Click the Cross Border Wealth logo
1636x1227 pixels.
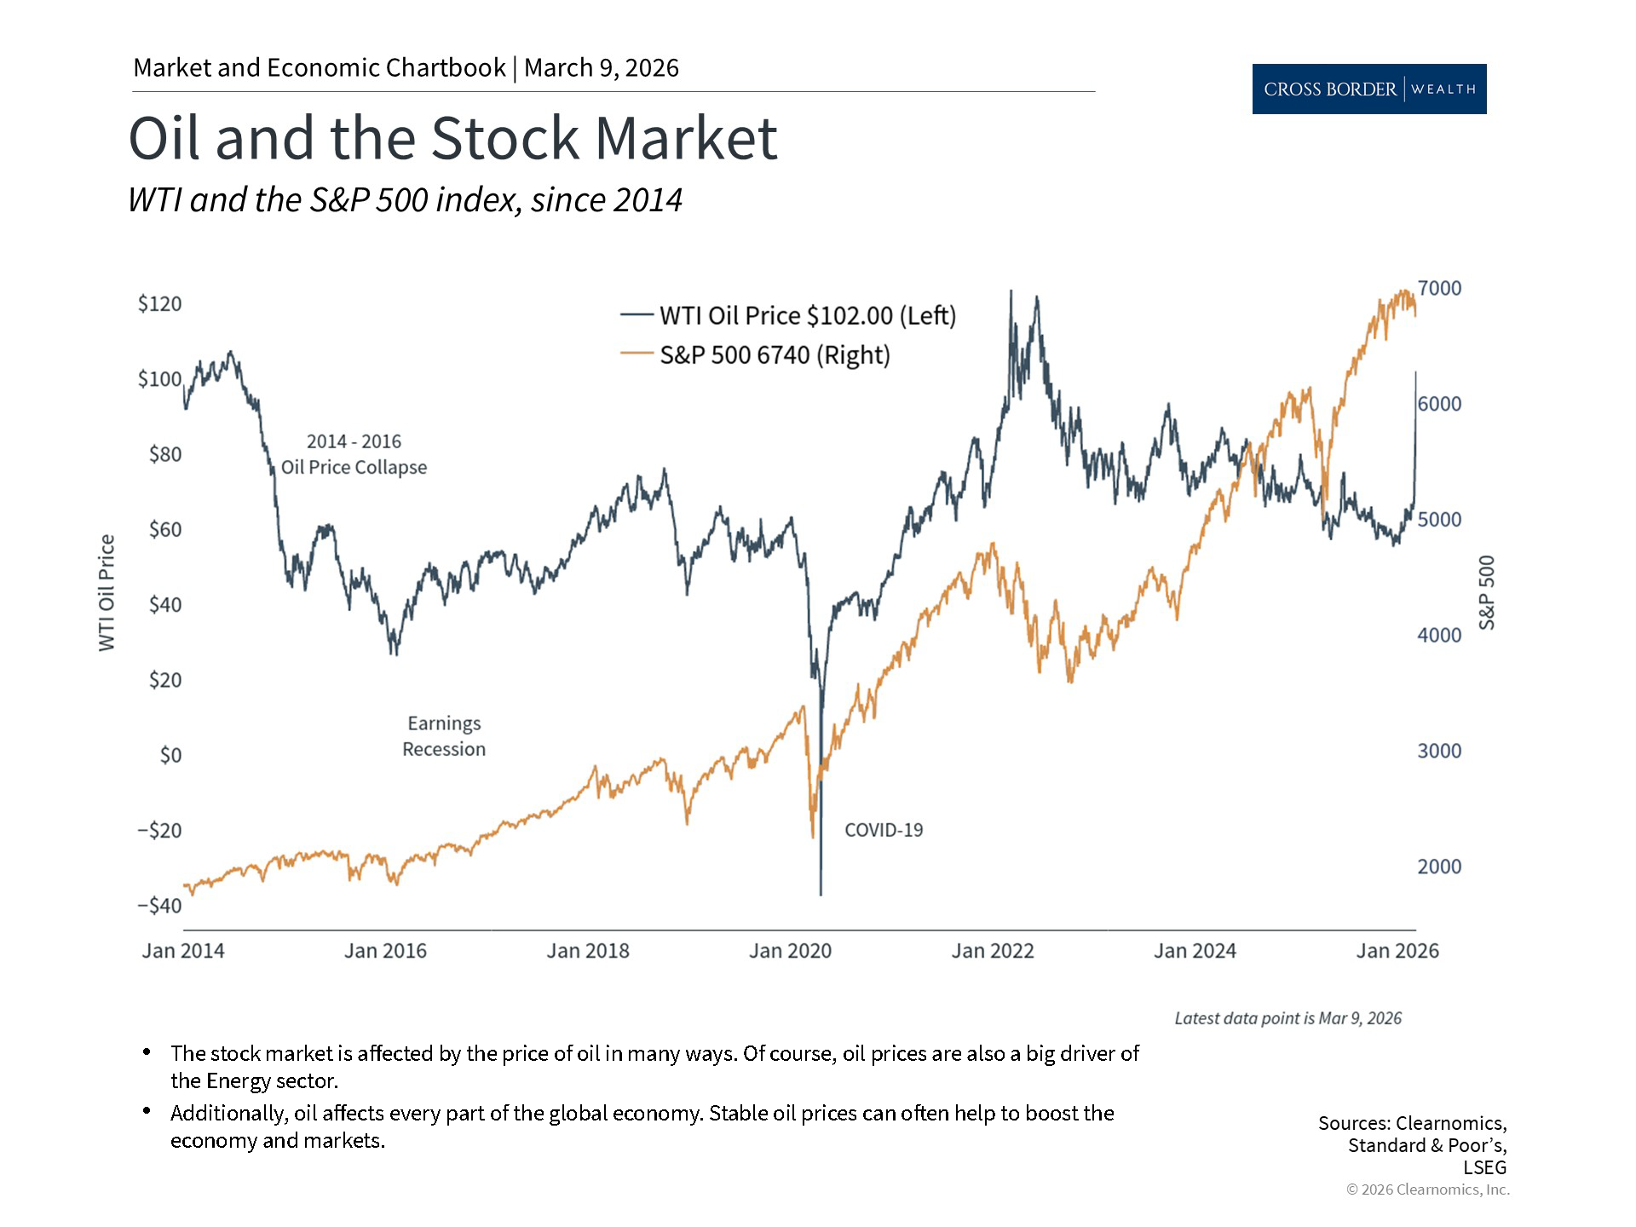pos(1368,89)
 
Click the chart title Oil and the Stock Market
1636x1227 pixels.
pos(452,138)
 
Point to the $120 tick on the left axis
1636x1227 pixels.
pos(159,304)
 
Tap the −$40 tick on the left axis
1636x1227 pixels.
pos(159,906)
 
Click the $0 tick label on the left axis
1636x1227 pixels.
pos(170,755)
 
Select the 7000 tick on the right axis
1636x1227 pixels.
pos(1439,289)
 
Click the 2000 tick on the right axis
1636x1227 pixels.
pos(1439,867)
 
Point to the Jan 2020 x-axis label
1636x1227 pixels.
pos(790,951)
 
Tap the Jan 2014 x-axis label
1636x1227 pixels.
pos(183,951)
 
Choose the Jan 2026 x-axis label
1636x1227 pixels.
pos(1397,951)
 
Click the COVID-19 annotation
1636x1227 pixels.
pos(884,830)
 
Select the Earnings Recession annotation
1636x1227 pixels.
pos(444,736)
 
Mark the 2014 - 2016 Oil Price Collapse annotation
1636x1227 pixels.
pos(354,454)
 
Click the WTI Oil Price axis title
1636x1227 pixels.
pos(107,593)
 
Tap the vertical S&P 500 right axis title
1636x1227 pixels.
pos(1487,593)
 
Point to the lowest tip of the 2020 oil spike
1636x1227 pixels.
pos(821,894)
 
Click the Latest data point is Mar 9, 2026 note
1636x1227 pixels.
pos(1287,1018)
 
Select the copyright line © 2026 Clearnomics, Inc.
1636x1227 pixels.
pos(1427,1190)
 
